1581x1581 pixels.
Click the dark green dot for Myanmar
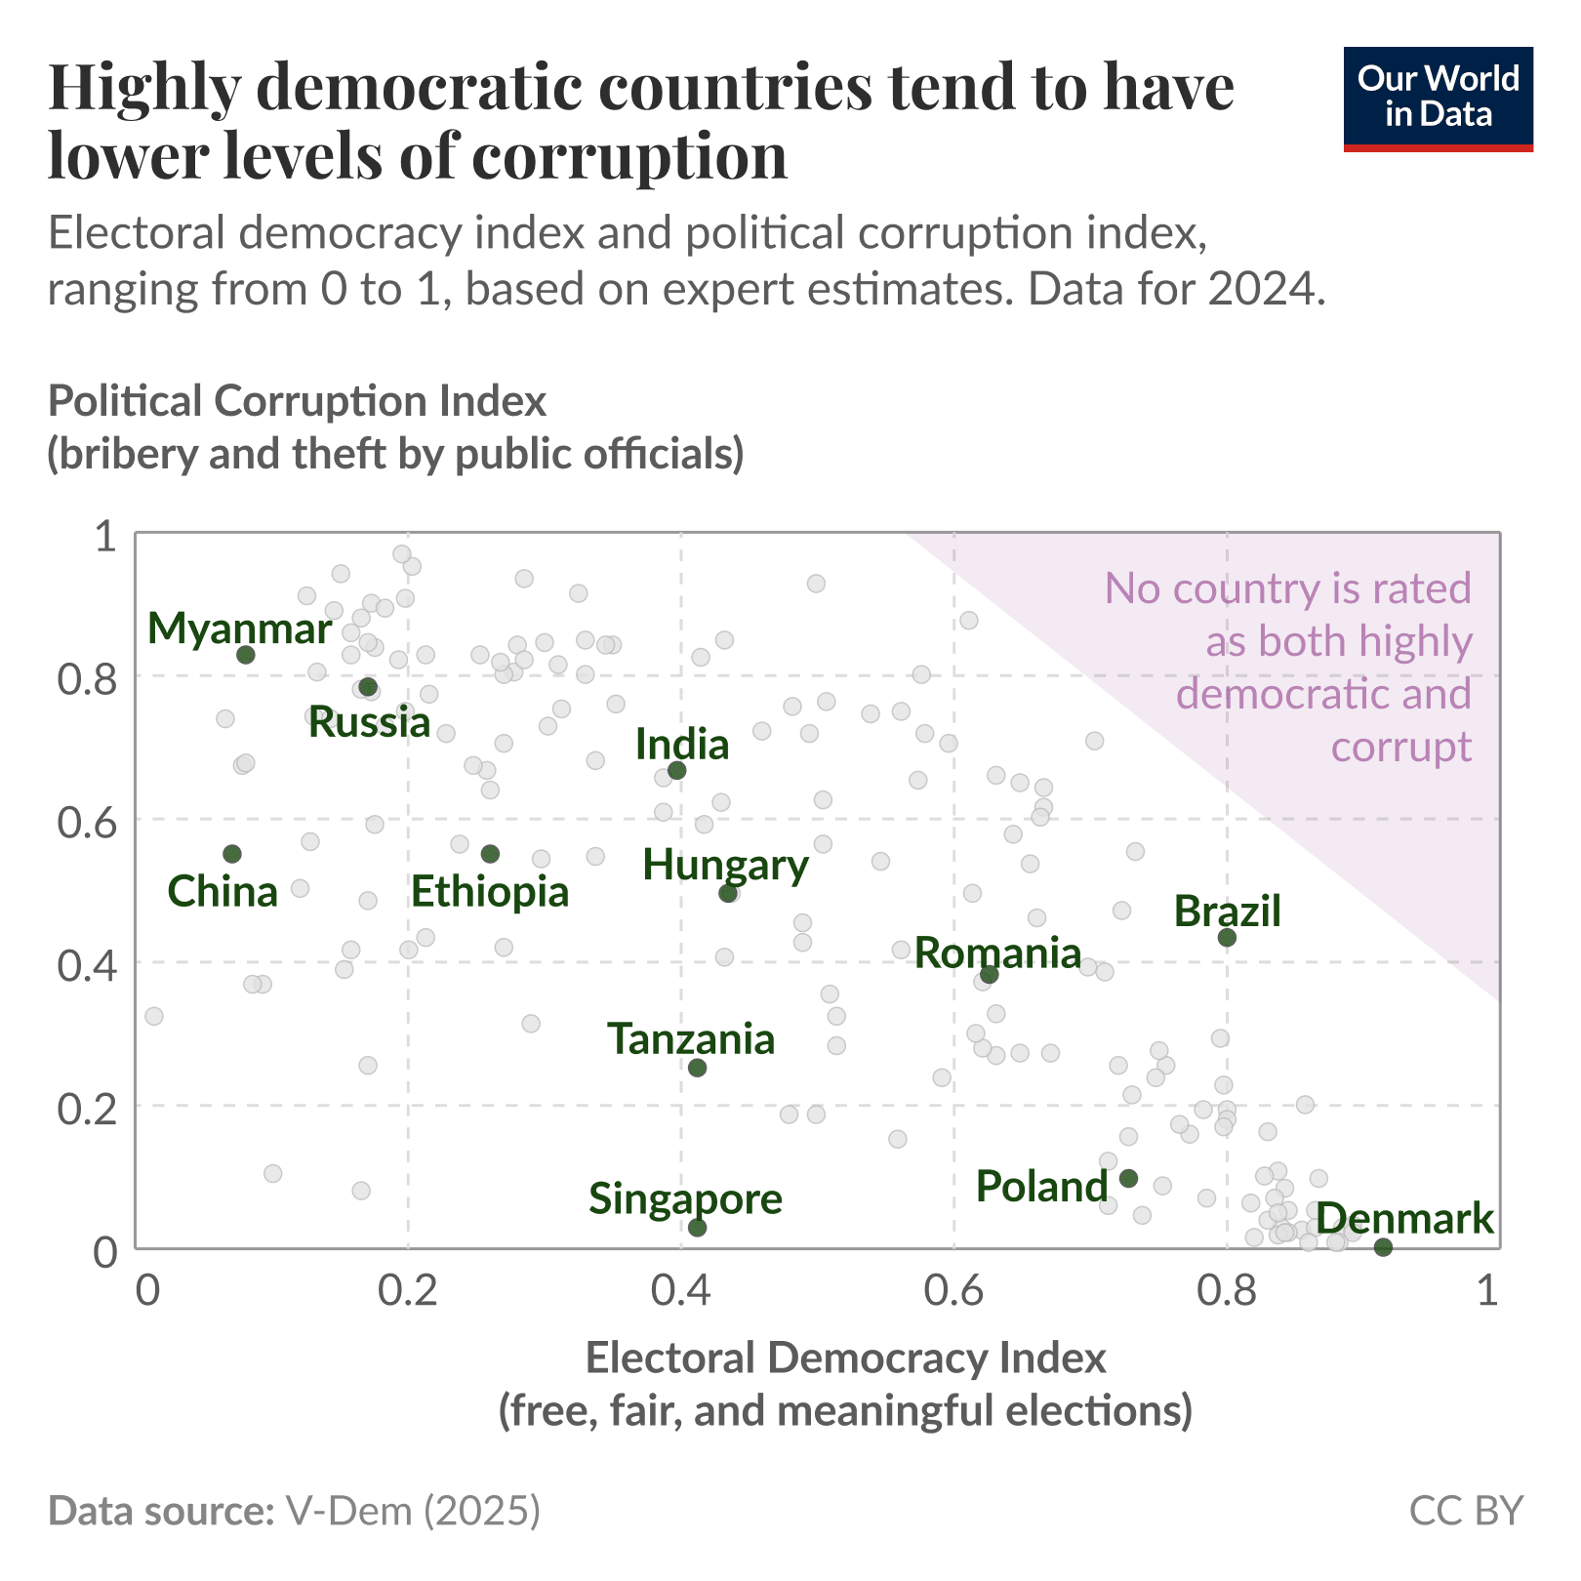pos(246,655)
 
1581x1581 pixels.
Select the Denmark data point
pos(1383,1247)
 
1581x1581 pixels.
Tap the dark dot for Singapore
pos(697,1228)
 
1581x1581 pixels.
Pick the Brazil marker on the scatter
pos(1228,938)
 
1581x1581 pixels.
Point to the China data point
pos(232,854)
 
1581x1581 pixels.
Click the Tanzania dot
pos(697,1068)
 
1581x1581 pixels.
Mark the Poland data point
pos(1128,1178)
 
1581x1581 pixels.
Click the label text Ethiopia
pos(489,892)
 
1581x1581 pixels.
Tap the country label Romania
pos(997,953)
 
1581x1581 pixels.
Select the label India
pos(681,746)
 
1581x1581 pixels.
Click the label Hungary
pos(725,865)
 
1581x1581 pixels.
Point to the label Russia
pos(369,723)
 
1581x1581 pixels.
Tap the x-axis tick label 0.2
pos(407,1291)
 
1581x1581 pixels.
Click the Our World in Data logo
pos(1438,99)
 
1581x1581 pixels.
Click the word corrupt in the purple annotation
pos(1400,748)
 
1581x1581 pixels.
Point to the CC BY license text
pos(1466,1511)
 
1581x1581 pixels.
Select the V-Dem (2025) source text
pos(413,1511)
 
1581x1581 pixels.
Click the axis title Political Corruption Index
pos(297,402)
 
